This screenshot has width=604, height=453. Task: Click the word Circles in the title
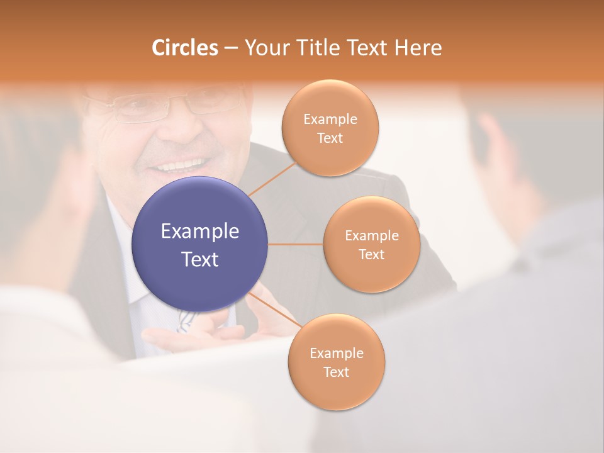pos(184,48)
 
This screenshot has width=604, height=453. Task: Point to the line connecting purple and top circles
pos(272,179)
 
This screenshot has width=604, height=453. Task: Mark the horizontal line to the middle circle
pos(296,244)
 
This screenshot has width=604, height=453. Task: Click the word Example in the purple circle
pos(200,232)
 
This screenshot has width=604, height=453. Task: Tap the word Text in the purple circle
pos(200,259)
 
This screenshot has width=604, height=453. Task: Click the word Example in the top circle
pos(330,120)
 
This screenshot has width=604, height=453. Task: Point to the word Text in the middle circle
pos(371,255)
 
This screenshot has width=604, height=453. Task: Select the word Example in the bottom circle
pos(336,353)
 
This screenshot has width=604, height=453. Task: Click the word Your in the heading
pos(264,48)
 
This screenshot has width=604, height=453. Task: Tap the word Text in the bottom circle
pos(336,372)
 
